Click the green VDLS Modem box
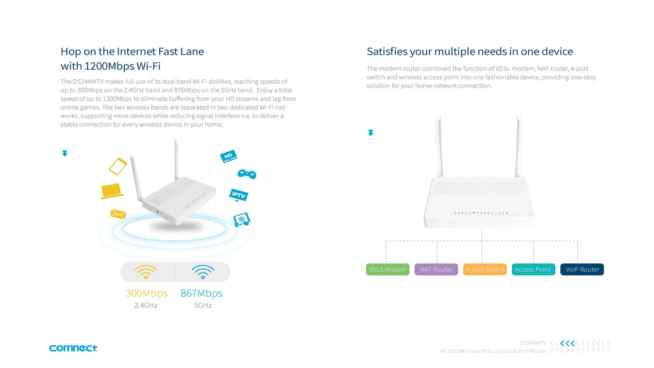pos(387,269)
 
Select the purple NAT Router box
pos(436,269)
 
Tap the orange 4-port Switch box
pos(485,269)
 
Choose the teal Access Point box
pos(533,269)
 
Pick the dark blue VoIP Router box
pos(582,269)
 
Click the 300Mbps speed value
pos(146,293)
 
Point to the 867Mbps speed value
pos(201,293)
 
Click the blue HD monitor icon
pos(228,156)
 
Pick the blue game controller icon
pos(247,174)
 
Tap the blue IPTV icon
pos(238,195)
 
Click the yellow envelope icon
pos(118,214)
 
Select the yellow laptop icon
pos(112,191)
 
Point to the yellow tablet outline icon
pos(118,166)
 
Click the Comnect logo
pos(73,348)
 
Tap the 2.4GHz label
pos(146,305)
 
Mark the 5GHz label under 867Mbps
pos(203,305)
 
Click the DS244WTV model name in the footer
pos(533,343)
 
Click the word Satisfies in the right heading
pos(387,51)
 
